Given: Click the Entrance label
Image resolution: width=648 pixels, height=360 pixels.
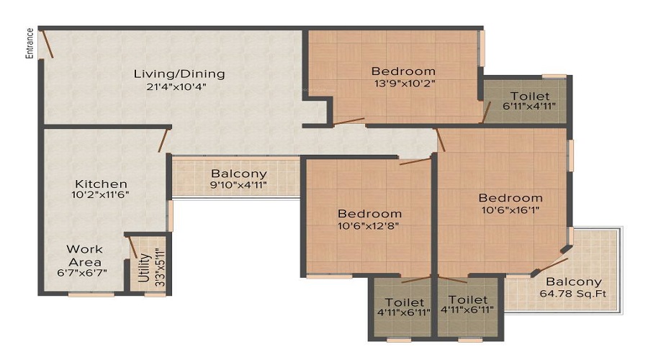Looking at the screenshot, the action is (x=30, y=43).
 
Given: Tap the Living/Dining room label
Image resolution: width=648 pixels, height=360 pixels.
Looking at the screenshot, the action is (x=179, y=74).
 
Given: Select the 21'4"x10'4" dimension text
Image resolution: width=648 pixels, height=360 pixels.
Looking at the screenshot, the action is (x=176, y=87).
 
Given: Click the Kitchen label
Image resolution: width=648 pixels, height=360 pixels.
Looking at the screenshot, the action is (x=101, y=184).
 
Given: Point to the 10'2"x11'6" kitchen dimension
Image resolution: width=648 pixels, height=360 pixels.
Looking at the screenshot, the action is (x=100, y=194).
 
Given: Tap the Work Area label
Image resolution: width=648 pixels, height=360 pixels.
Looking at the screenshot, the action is (x=85, y=256).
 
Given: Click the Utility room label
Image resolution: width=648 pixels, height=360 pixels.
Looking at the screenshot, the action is (x=144, y=267).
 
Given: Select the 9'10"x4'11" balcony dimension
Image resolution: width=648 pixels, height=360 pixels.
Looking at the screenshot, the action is (x=238, y=185).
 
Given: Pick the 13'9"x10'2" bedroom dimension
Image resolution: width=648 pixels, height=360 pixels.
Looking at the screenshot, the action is (x=405, y=83).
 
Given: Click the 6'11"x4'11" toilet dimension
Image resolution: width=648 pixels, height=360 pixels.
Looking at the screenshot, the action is (x=529, y=106).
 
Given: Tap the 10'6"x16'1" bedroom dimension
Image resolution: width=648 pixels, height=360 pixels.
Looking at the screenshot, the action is (x=510, y=210).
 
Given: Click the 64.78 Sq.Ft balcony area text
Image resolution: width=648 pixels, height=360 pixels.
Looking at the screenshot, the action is (x=573, y=294).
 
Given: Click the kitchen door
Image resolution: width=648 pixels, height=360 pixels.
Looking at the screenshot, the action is (x=164, y=140).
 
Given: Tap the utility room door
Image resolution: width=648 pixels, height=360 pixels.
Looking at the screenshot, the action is (x=132, y=247).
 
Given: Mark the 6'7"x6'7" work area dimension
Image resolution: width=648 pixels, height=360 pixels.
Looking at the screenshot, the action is (x=82, y=273).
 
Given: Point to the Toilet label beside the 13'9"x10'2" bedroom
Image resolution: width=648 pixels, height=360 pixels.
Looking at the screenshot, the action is (x=530, y=96).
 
